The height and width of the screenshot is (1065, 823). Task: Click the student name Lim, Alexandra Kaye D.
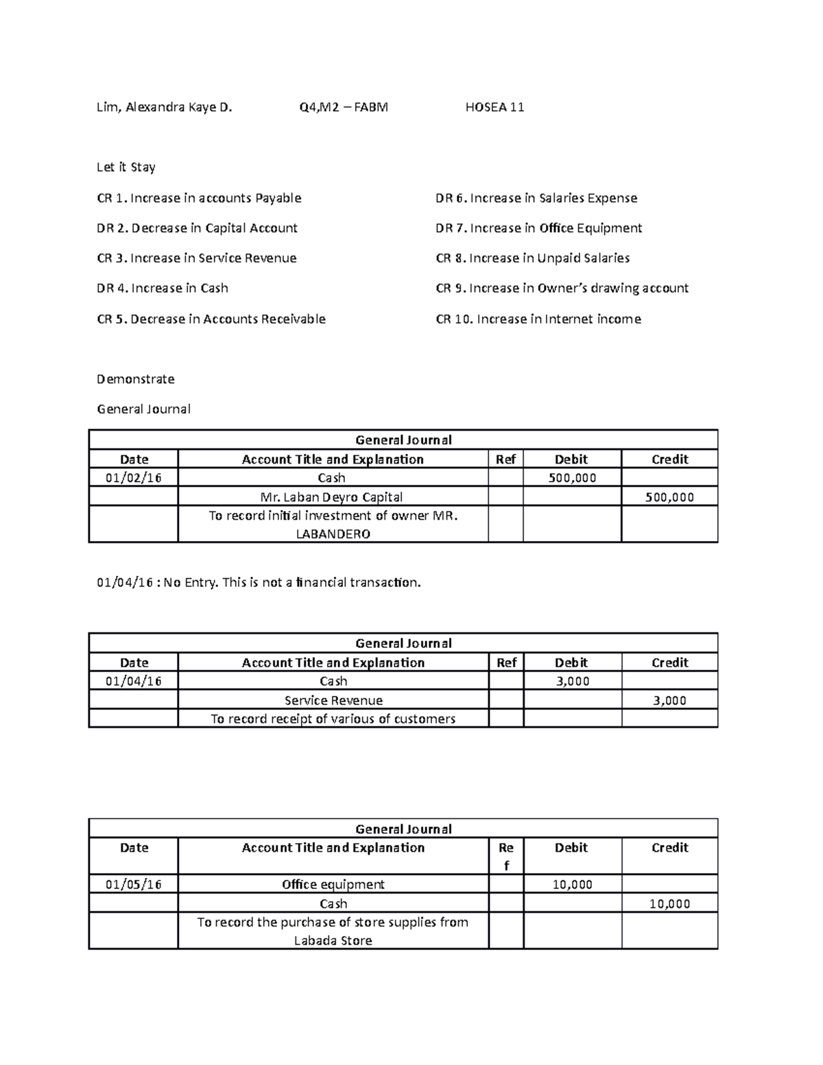[x=165, y=107]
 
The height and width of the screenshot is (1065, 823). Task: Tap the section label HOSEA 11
[x=494, y=107]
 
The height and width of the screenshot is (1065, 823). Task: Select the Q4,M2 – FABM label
[x=344, y=107]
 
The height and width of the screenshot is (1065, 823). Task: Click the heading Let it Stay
[x=126, y=167]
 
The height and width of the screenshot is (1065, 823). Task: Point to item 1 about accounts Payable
[x=199, y=198]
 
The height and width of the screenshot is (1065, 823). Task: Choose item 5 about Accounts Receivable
[x=211, y=319]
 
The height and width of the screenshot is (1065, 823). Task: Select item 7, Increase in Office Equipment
[x=538, y=228]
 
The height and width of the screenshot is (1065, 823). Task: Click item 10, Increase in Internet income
[x=538, y=319]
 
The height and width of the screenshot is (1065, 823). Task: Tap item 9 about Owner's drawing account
[x=562, y=289]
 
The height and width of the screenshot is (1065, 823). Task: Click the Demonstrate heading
[x=136, y=379]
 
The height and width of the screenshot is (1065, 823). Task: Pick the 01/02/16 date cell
[x=134, y=478]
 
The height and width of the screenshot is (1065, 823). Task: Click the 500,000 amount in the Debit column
[x=572, y=478]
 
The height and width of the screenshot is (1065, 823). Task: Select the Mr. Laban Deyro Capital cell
[x=333, y=497]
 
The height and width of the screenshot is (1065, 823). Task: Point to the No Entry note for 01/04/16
[x=259, y=583]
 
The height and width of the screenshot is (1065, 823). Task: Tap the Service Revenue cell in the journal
[x=333, y=700]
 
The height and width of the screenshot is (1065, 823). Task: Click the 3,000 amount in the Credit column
[x=669, y=700]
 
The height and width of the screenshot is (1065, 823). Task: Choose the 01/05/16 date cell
[x=134, y=885]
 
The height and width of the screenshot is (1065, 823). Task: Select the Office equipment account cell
[x=333, y=885]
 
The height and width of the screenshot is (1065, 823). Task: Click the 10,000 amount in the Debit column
[x=572, y=885]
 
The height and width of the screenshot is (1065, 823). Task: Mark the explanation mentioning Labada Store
[x=333, y=931]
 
